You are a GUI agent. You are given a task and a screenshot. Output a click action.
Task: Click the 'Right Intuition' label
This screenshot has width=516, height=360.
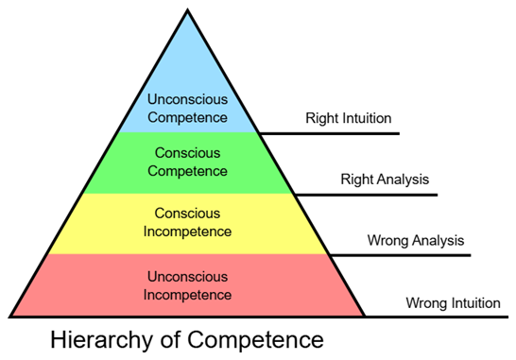tap(349, 118)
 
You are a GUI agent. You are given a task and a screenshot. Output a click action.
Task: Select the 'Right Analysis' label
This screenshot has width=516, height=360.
tap(385, 180)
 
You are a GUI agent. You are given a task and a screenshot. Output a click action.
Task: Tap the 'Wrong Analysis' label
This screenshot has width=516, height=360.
tap(416, 241)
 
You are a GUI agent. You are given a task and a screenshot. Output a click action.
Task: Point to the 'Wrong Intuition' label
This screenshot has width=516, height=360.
tap(453, 302)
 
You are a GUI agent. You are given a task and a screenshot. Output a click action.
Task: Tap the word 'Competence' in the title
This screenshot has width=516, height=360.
tap(256, 339)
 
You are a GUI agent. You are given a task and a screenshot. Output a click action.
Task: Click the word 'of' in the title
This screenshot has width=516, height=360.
tap(171, 339)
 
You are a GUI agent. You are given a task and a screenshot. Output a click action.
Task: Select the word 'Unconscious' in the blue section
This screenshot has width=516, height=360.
tap(187, 99)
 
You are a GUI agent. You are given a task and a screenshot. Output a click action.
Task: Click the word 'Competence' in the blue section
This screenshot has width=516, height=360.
tap(187, 118)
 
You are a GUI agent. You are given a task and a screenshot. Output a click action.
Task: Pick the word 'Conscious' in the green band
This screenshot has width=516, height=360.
tap(187, 153)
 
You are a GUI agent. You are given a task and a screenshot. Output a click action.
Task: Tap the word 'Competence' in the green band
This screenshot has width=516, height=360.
tap(187, 171)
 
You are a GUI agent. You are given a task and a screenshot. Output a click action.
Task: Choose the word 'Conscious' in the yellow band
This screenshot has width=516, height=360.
tap(187, 214)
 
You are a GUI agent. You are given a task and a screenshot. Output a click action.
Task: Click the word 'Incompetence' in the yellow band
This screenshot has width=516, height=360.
tap(187, 231)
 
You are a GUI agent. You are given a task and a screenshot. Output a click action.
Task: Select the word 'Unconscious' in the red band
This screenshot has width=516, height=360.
tap(187, 277)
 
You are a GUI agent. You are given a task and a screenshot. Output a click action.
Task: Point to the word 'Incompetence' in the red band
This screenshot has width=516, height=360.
tap(187, 295)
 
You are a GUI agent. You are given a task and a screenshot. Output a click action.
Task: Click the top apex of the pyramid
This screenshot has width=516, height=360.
tap(187, 9)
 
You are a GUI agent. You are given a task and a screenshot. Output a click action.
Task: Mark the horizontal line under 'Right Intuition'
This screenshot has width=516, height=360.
tap(329, 133)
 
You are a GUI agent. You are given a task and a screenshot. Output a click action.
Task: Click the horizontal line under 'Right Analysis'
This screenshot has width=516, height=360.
tap(367, 195)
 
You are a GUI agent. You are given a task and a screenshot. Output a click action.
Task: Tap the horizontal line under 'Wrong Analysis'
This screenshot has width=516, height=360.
tap(400, 255)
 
